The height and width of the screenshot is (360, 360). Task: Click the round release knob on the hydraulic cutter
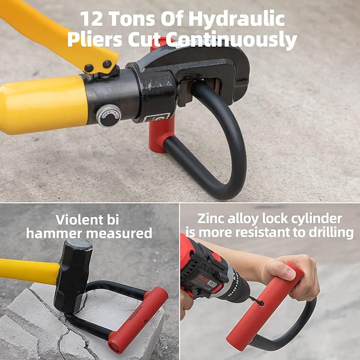click(x=110, y=116)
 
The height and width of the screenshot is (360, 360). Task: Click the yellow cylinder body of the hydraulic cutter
click(x=42, y=104)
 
